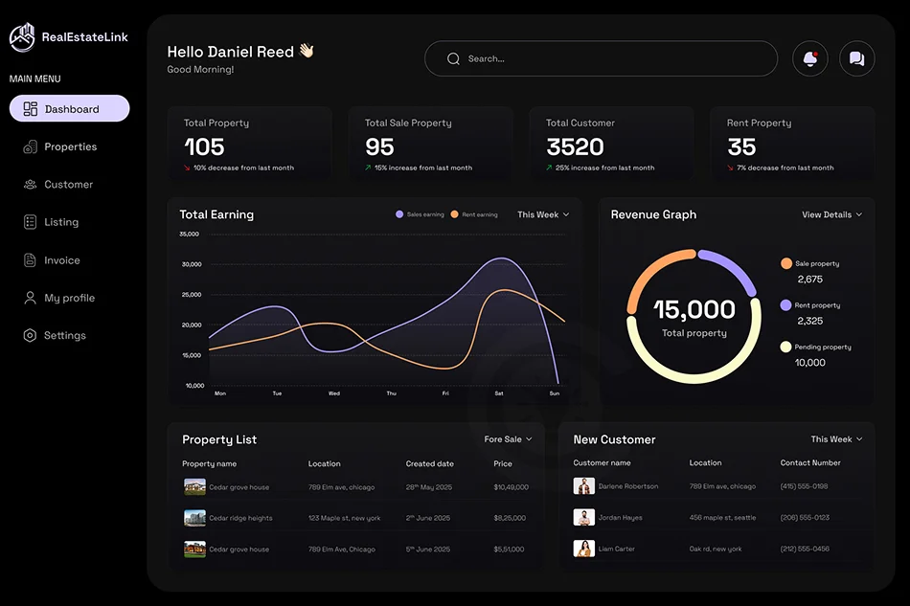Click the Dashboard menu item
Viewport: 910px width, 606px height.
coord(69,109)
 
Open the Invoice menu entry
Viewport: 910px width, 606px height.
coord(61,260)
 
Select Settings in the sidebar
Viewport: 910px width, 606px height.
coord(64,336)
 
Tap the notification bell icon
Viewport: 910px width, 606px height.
coord(810,59)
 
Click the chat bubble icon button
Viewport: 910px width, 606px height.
coord(856,59)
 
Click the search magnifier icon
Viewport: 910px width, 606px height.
coord(454,59)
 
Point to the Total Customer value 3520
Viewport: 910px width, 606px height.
coord(575,147)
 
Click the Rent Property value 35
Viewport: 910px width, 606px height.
coord(741,147)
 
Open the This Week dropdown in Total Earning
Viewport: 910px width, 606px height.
coord(543,214)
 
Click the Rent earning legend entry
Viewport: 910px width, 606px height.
coord(474,214)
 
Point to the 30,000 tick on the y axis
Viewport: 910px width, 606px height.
coord(191,264)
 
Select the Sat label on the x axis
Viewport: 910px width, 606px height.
coord(499,393)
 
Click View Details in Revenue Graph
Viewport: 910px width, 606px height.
coord(831,214)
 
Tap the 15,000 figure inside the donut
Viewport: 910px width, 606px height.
coord(694,309)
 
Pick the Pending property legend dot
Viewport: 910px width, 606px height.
coord(785,348)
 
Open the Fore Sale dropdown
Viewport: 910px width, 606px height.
coord(508,439)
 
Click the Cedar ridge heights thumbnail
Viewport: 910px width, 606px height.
coord(194,518)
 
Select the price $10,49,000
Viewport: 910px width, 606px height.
coord(511,487)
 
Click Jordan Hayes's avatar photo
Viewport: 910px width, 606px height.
coord(583,518)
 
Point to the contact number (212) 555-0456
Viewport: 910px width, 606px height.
coord(805,550)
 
